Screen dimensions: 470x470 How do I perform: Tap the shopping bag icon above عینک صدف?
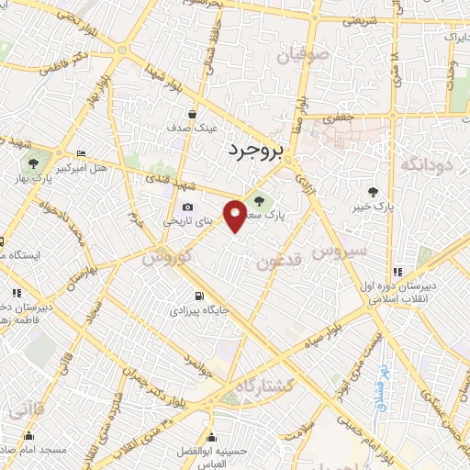(191, 114)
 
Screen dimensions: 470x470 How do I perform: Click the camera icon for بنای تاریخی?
(187, 207)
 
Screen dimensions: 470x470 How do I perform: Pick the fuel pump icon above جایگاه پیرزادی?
(200, 297)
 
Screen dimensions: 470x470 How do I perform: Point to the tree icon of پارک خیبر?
(373, 191)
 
